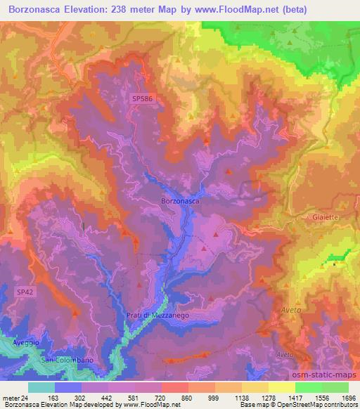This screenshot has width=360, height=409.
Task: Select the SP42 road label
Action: (25, 290)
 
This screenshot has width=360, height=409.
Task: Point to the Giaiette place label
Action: (320, 218)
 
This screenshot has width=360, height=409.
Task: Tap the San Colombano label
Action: (67, 361)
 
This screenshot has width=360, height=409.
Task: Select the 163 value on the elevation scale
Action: (53, 398)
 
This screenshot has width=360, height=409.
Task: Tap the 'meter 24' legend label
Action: (16, 398)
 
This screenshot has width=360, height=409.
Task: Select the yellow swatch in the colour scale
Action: (281, 387)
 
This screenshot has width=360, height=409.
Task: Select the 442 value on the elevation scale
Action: (106, 398)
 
